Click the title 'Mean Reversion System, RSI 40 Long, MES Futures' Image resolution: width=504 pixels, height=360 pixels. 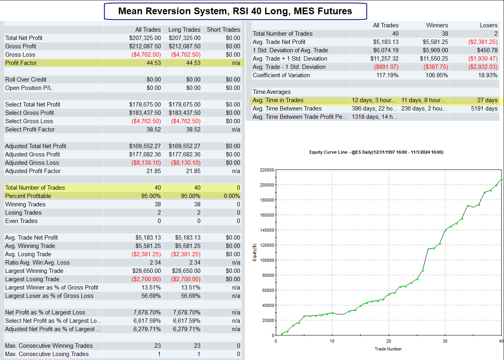tap(235, 11)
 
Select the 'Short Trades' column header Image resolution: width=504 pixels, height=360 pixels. tap(223, 30)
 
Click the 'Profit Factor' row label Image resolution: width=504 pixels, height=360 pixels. tap(21, 63)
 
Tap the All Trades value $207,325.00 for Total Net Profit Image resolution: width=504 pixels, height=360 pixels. tap(145, 38)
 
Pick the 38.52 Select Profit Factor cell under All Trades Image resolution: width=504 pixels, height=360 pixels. tap(154, 130)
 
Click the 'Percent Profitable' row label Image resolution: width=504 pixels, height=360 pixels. tap(28, 196)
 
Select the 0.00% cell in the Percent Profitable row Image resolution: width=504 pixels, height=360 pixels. tap(232, 196)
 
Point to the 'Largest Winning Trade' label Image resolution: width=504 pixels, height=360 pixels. tap(34, 271)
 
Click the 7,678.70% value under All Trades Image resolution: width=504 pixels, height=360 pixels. tap(147, 312)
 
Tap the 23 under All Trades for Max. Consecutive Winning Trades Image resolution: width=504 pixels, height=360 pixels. tap(158, 346)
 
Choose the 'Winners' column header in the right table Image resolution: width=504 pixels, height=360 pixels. tap(437, 25)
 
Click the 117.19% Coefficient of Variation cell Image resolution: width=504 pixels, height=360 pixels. tap(388, 75)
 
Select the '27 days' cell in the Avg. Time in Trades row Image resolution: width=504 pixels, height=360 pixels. tap(487, 100)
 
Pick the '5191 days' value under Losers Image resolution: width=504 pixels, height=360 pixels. tap(484, 109)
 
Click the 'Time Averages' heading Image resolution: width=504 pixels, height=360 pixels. tap(271, 92)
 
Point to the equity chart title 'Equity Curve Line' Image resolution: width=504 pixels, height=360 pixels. tap(328, 152)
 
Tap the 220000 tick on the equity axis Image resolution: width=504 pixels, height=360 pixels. tap(267, 170)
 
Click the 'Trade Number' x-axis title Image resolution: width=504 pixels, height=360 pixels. tap(388, 349)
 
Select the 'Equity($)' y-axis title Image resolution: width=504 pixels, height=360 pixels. tap(255, 253)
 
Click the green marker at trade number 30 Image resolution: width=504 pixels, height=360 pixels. tap(445, 230)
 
